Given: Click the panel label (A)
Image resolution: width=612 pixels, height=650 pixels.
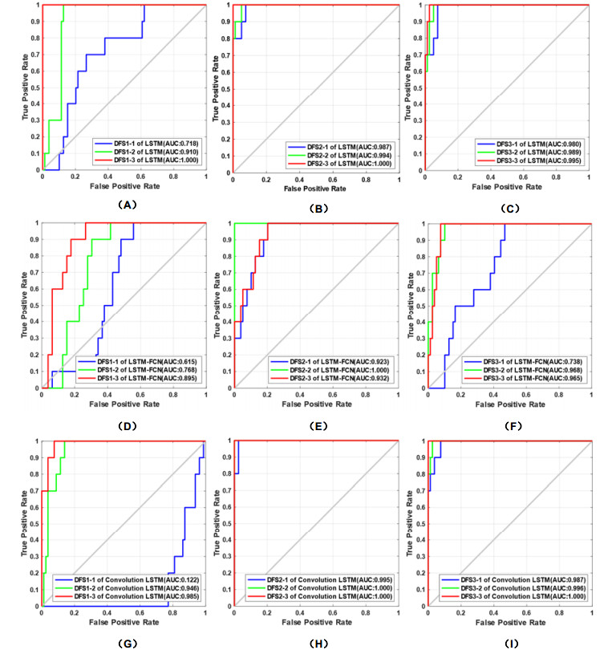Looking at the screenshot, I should pyautogui.click(x=124, y=205).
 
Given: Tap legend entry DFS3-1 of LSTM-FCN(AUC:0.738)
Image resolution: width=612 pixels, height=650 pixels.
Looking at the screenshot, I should pyautogui.click(x=528, y=360).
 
